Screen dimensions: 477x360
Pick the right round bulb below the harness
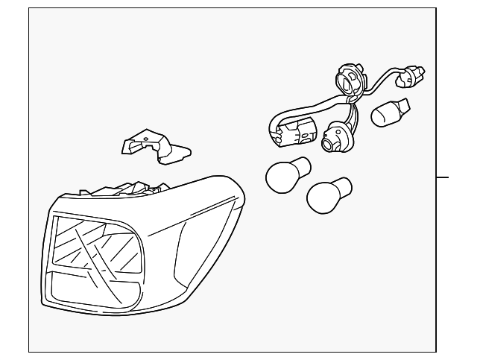click(325, 194)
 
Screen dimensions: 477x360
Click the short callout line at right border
click(443, 177)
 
